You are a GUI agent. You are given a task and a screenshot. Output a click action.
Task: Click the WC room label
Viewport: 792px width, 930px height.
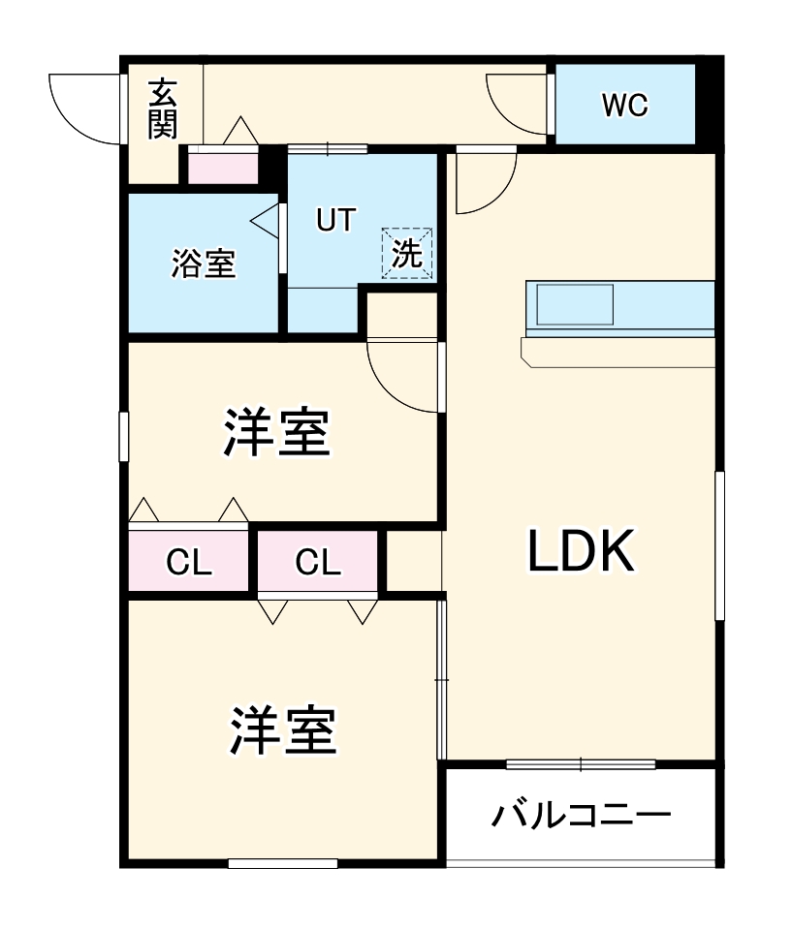[624, 105]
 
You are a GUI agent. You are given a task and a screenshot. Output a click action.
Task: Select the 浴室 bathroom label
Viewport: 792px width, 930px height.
[204, 263]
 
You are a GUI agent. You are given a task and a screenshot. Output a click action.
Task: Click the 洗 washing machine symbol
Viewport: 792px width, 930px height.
[407, 254]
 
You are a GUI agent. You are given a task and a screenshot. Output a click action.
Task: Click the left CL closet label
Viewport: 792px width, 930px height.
[188, 562]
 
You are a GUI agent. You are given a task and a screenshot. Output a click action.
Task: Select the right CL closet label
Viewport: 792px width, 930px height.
[318, 562]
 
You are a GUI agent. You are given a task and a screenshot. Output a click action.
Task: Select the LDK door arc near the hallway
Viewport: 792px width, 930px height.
[485, 184]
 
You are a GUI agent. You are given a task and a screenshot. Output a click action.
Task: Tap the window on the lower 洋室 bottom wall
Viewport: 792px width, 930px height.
[282, 863]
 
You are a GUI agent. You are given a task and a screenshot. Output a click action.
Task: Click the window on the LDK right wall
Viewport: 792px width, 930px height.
[719, 544]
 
